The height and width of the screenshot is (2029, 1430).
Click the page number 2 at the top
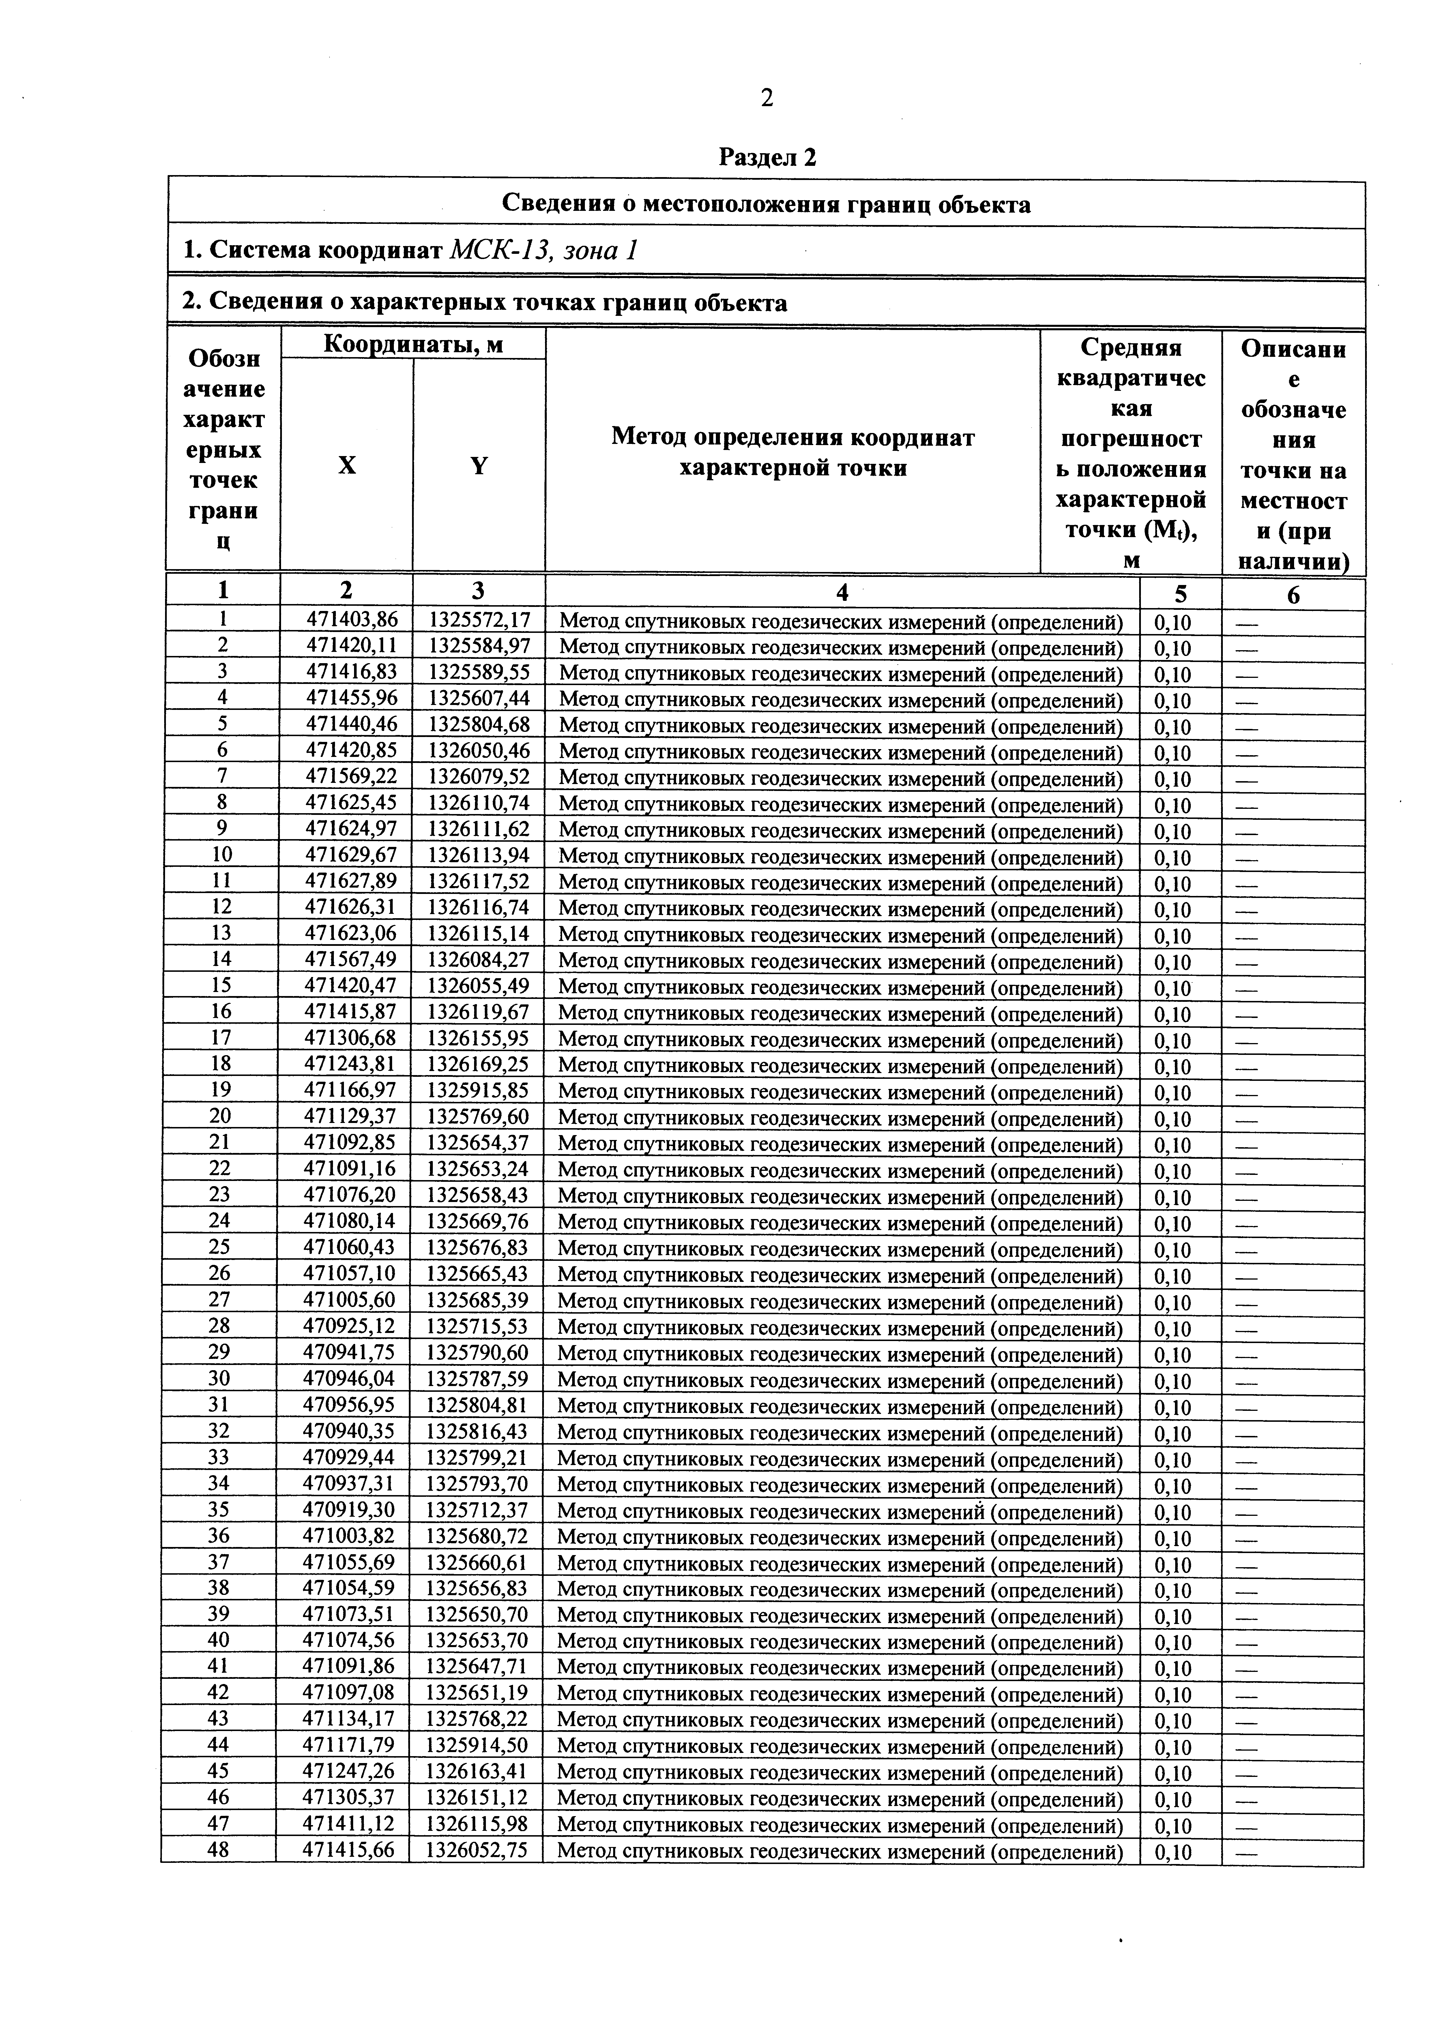(x=766, y=98)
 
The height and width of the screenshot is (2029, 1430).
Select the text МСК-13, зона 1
(x=544, y=252)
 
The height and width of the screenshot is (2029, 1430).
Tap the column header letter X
(x=347, y=466)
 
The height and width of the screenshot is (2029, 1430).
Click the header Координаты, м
(x=413, y=344)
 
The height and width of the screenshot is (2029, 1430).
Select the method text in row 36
(x=840, y=1537)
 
